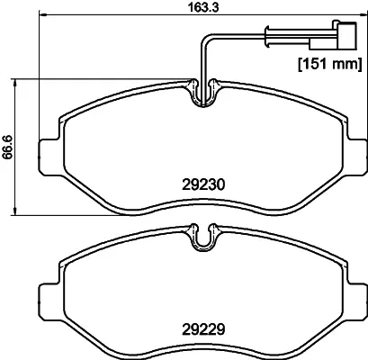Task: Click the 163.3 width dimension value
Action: tap(203, 7)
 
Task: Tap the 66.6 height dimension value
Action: tap(8, 147)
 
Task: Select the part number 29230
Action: tap(203, 184)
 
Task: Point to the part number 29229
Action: tap(203, 329)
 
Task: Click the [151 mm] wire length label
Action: tap(330, 64)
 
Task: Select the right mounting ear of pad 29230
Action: tap(356, 157)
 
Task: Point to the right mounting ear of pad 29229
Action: tap(356, 301)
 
